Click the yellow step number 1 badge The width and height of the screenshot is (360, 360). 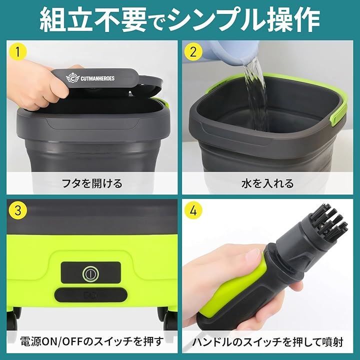[x=18, y=51]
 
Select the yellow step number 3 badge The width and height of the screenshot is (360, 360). [x=18, y=210]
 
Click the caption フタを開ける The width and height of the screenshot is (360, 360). [x=90, y=183]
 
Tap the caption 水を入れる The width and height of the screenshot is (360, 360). [x=268, y=183]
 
